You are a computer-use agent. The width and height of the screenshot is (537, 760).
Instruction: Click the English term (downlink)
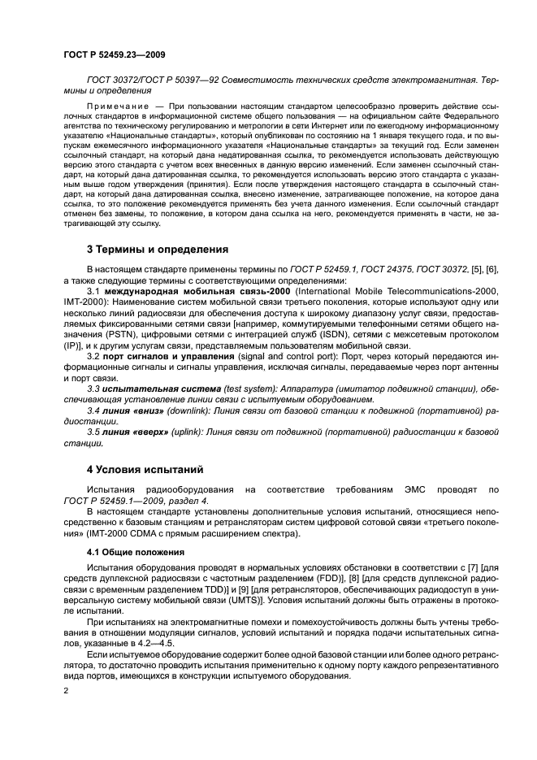[186, 411]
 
